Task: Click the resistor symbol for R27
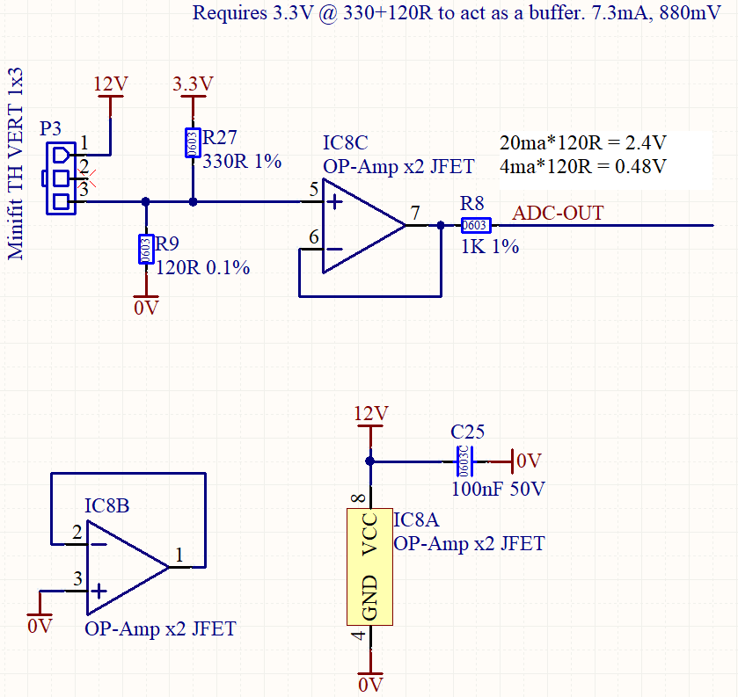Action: click(x=192, y=142)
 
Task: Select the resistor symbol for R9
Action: click(x=145, y=249)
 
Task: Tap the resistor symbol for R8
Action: click(x=475, y=226)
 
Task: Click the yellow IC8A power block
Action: click(x=369, y=567)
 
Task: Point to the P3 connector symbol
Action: click(x=59, y=178)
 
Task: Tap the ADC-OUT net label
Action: click(x=558, y=214)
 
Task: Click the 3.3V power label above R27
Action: click(x=193, y=83)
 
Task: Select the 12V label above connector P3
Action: click(x=111, y=83)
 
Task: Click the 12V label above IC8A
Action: click(x=369, y=413)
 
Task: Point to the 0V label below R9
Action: click(x=145, y=308)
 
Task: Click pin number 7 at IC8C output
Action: click(x=415, y=213)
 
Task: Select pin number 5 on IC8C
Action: click(x=314, y=189)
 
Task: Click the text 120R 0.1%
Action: click(x=203, y=267)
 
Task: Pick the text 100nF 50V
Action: click(x=498, y=489)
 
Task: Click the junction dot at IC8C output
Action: click(x=441, y=226)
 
